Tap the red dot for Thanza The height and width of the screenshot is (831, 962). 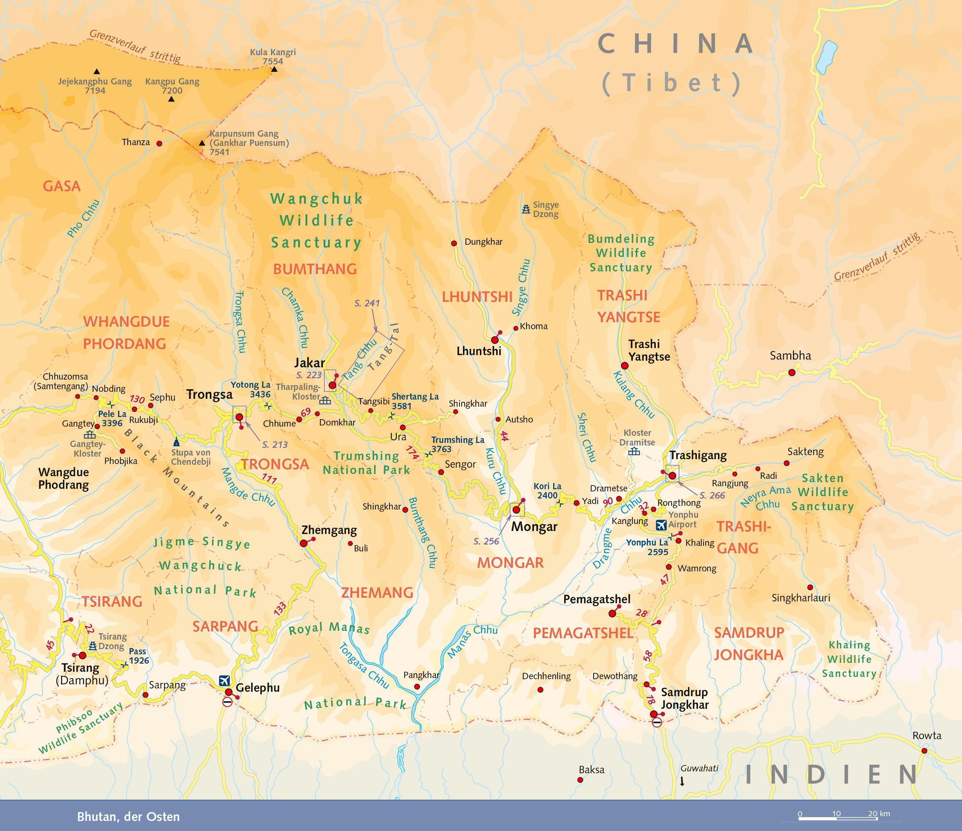pyautogui.click(x=159, y=143)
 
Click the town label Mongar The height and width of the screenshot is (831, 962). pyautogui.click(x=534, y=527)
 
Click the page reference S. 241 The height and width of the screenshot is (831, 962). pyautogui.click(x=367, y=303)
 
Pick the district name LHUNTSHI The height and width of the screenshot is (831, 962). pyautogui.click(x=477, y=297)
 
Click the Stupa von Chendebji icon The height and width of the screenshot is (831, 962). pyautogui.click(x=176, y=443)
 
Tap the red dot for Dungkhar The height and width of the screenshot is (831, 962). pyautogui.click(x=454, y=243)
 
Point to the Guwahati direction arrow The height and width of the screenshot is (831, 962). pyautogui.click(x=682, y=782)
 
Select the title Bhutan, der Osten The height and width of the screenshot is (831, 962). pyautogui.click(x=128, y=817)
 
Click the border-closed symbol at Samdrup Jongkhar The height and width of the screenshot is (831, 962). pyautogui.click(x=657, y=722)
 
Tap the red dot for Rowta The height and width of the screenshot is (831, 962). pyautogui.click(x=924, y=751)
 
